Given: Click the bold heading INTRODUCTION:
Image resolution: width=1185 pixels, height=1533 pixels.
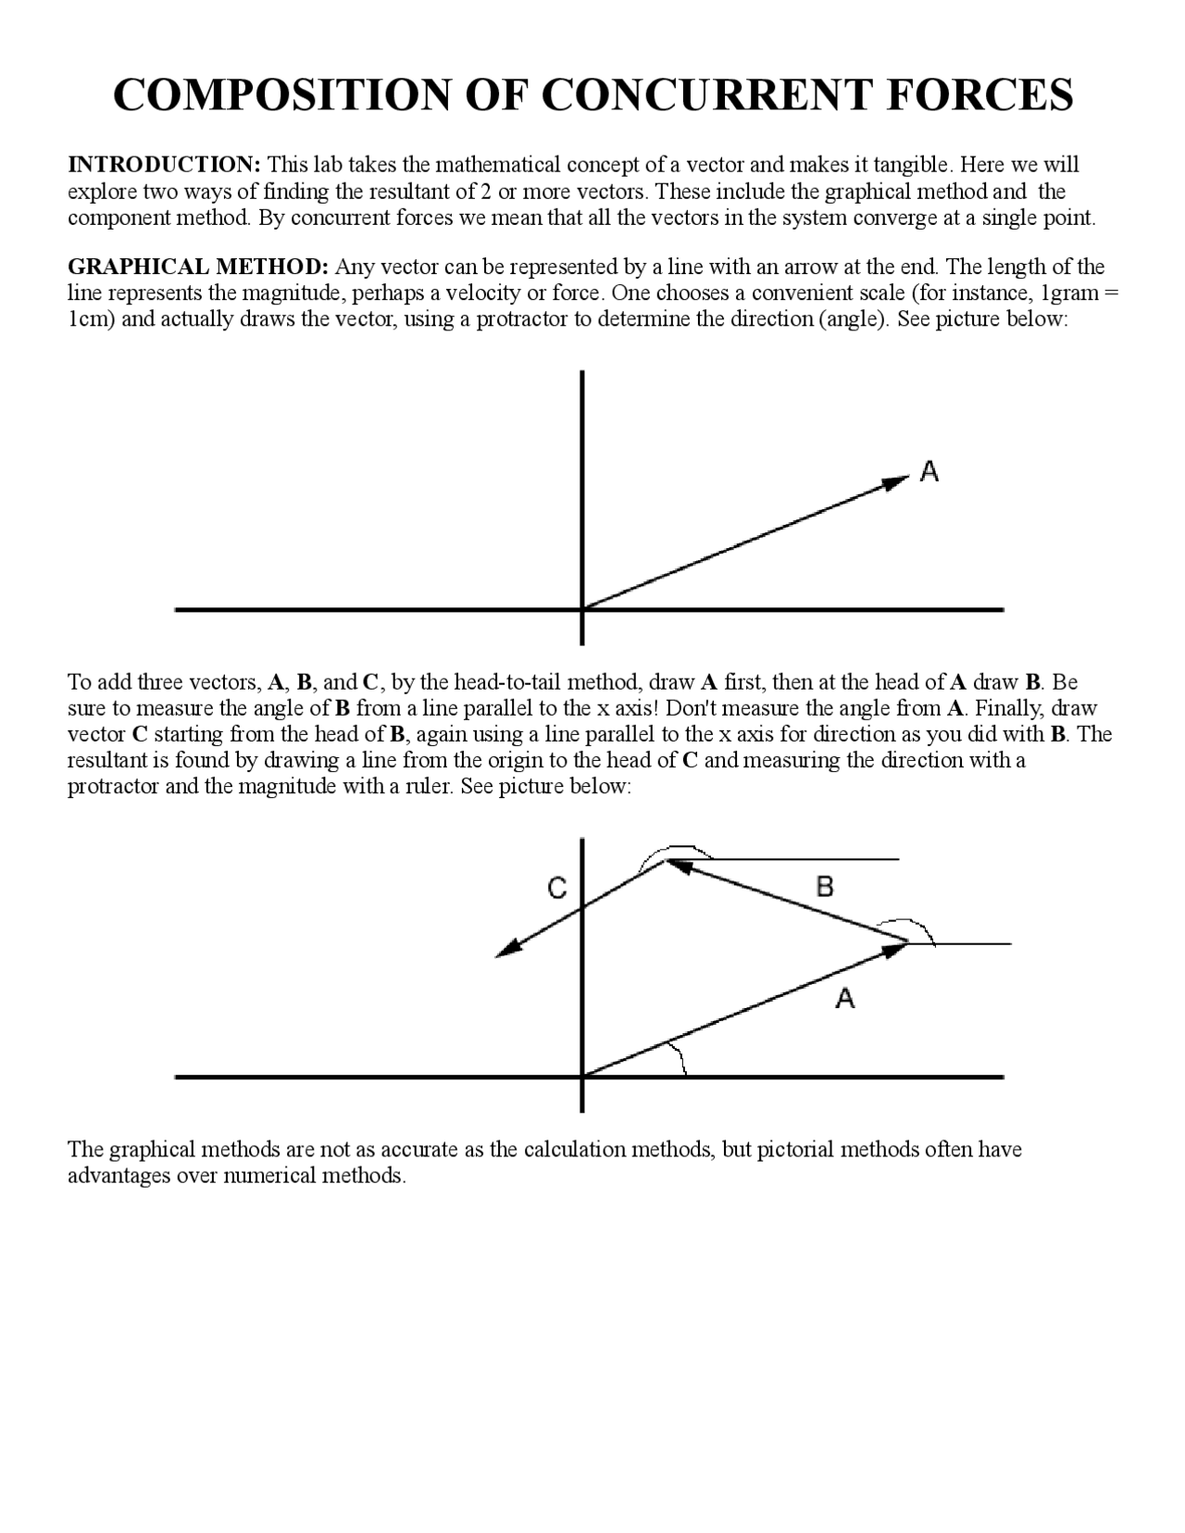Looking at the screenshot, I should click(x=165, y=165).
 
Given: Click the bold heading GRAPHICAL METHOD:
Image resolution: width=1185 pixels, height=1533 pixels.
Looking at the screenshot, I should click(x=198, y=268).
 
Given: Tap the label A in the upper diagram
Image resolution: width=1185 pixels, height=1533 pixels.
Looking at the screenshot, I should click(x=929, y=471).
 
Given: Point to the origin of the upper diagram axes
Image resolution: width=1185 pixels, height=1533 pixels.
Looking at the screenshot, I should click(x=581, y=609).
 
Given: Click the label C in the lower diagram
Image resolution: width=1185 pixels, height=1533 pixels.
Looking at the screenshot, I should click(x=556, y=888).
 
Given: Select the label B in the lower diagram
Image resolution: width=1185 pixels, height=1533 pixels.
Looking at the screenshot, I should click(x=825, y=886).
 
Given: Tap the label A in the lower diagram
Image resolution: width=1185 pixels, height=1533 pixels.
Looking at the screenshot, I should click(x=844, y=998).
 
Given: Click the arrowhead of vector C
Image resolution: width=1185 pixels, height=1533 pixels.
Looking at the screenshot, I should click(x=507, y=950).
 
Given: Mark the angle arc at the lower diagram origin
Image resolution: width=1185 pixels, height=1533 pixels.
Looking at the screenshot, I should click(x=680, y=1057).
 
